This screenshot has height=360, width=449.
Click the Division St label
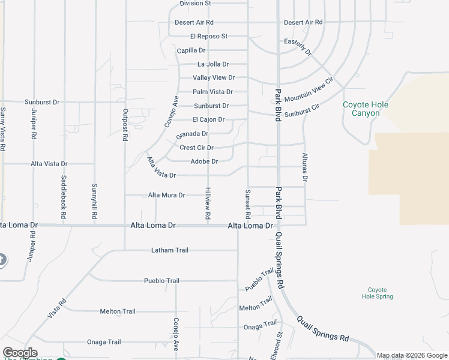coord(196,4)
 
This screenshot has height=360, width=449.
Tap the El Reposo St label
coord(208,37)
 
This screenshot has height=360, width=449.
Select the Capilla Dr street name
coord(191,51)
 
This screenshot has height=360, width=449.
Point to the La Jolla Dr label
coord(213,64)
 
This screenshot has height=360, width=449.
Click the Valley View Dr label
coord(213,78)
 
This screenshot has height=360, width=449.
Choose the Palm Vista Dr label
coord(212,92)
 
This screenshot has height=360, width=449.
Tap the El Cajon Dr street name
coord(208,120)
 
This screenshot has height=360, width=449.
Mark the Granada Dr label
coord(193,134)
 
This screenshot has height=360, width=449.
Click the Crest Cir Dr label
coord(196,148)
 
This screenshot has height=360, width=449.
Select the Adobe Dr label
coord(203,161)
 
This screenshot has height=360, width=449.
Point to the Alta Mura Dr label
coord(166,195)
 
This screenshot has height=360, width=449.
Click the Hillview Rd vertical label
coord(208,203)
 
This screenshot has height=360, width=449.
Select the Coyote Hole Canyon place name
coord(366,109)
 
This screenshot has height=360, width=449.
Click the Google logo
coord(19,353)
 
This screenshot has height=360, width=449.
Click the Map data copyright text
coord(411,356)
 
